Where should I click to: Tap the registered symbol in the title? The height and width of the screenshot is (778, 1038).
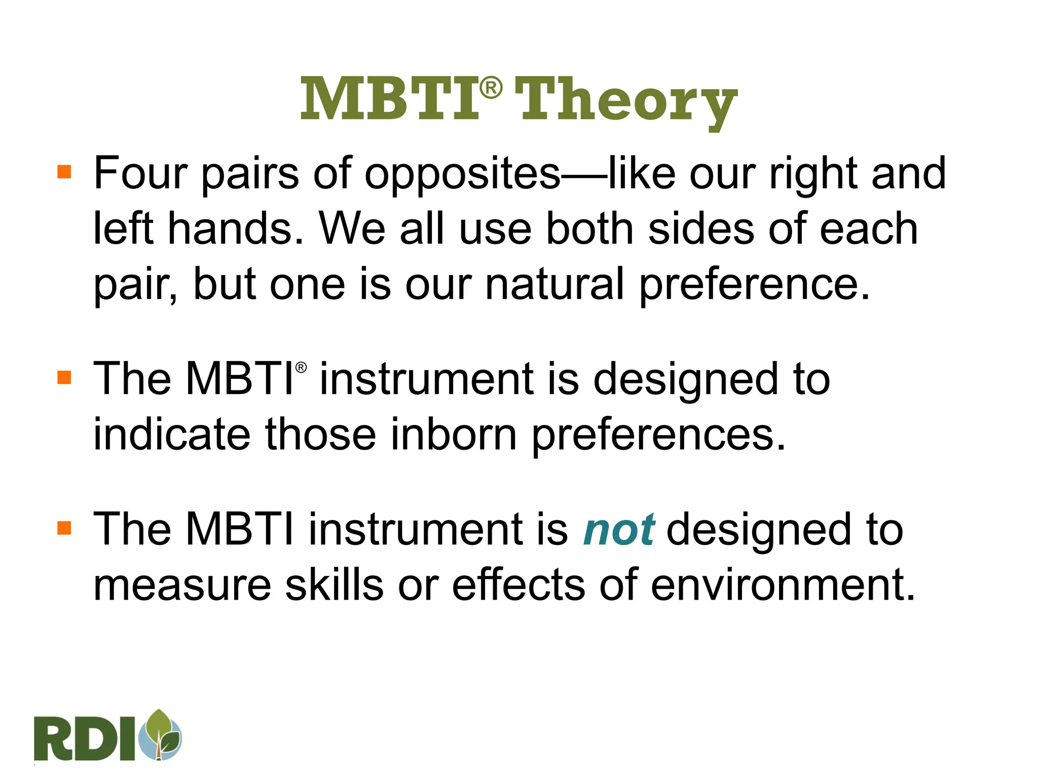491,88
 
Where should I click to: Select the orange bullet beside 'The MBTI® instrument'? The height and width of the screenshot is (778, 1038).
64,377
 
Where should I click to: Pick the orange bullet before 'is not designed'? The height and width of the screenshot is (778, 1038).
64,528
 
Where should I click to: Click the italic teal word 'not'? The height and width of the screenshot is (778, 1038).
619,530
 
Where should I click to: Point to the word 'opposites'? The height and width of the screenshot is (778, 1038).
462,175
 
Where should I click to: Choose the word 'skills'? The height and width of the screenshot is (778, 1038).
334,585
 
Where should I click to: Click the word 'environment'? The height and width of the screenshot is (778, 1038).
783,585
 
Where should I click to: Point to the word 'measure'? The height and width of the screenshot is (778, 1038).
182,585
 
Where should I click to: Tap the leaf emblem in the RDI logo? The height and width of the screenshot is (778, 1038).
161,734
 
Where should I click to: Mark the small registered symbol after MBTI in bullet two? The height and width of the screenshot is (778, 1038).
301,367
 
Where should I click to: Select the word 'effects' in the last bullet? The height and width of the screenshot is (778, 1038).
518,585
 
